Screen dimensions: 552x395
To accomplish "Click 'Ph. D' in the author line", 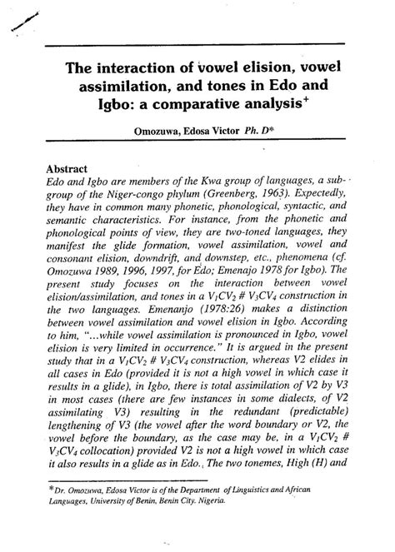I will pyautogui.click(x=252, y=132).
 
